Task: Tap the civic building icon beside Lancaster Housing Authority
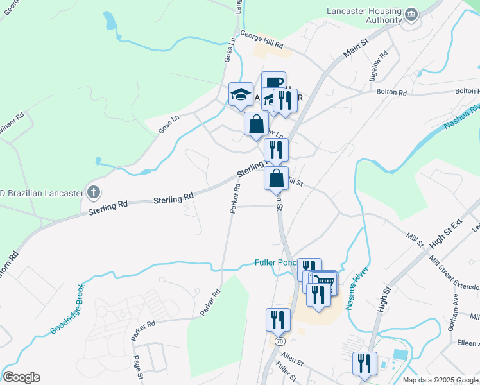pyautogui.click(x=411, y=15)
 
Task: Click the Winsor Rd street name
pyautogui.click(x=12, y=121)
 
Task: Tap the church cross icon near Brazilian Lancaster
pyautogui.click(x=94, y=192)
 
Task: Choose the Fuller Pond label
pyautogui.click(x=275, y=262)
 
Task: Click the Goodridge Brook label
pyautogui.click(x=67, y=309)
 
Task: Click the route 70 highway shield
pyautogui.click(x=280, y=341)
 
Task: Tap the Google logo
pyautogui.click(x=21, y=377)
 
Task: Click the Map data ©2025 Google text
pyautogui.click(x=440, y=380)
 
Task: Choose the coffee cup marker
pyautogui.click(x=273, y=81)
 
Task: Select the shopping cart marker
pyautogui.click(x=325, y=282)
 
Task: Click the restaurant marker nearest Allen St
pyautogui.click(x=279, y=319)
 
